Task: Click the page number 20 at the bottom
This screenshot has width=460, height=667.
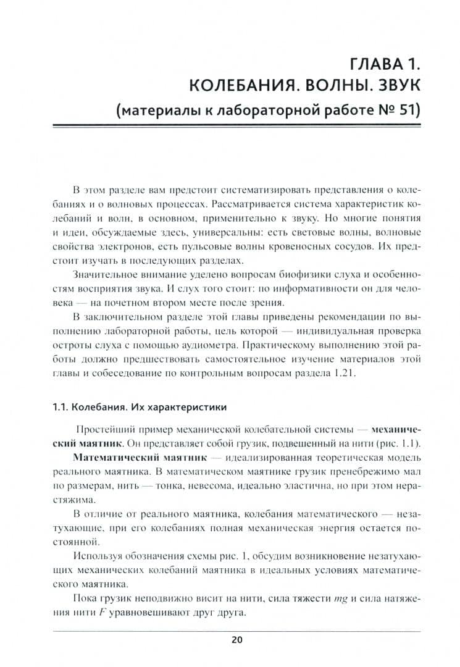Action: click(237, 640)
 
